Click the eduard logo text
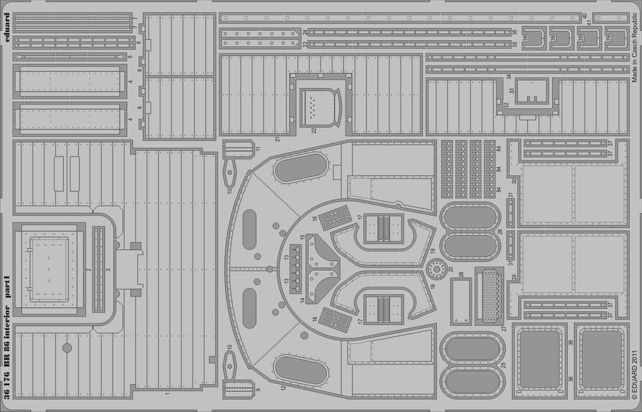(6, 26)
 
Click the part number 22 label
(315, 130)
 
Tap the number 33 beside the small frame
(512, 91)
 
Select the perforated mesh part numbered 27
(492, 296)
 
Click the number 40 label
(585, 15)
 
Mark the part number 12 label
(282, 387)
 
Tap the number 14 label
(301, 300)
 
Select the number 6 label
(138, 42)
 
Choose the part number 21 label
(277, 139)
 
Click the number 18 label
(433, 287)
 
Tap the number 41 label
(589, 23)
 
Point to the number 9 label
(257, 390)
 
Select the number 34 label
(508, 77)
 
